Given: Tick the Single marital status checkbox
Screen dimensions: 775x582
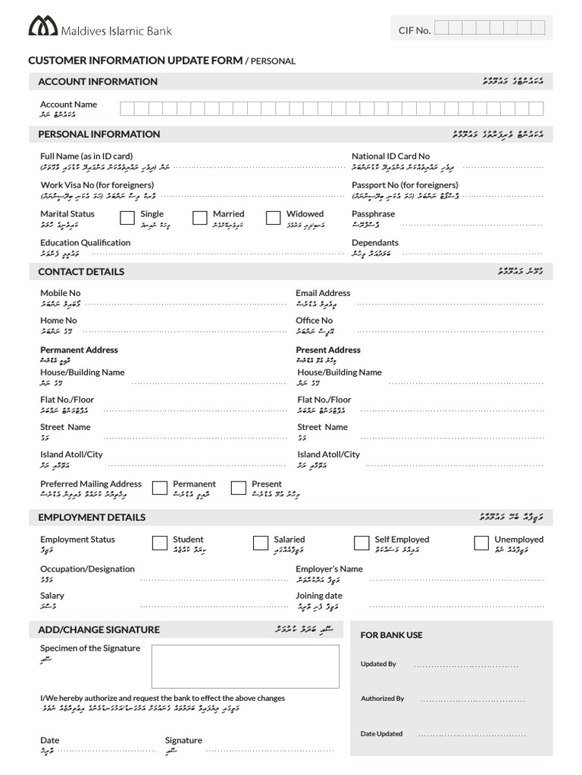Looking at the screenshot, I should point(127,218).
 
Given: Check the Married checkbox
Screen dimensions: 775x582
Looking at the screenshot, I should point(200,218).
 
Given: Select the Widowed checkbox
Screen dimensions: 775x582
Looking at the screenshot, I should point(274,218).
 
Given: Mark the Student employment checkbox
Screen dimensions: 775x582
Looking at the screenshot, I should point(160,543).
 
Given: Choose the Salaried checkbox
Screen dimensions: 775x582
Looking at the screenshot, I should point(261,543).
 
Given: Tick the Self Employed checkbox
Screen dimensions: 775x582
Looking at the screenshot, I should point(361,543).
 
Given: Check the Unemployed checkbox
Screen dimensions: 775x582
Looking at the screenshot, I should point(481,543).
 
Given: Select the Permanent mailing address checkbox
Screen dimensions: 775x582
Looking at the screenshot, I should point(160,487).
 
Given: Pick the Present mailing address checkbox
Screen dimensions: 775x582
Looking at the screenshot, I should point(239,487).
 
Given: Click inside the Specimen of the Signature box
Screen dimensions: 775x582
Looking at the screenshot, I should point(245,666).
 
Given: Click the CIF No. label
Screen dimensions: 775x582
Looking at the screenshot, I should point(415,30).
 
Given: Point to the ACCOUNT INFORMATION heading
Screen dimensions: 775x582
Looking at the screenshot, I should point(98,82).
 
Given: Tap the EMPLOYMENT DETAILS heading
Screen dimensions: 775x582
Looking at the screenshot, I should point(92,518).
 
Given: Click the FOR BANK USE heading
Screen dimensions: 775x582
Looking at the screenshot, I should point(391,635).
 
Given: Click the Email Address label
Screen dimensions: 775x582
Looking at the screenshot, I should point(323,293).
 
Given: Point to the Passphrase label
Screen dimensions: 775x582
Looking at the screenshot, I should point(373,214).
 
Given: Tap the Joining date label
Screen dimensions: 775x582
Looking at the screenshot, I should point(318,596).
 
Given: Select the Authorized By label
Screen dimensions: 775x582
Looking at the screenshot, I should point(382,699).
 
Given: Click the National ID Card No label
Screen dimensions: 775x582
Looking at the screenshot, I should point(390,156).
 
